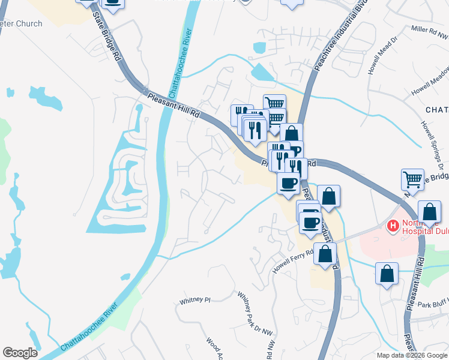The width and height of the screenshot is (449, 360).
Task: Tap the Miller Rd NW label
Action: tap(429, 33)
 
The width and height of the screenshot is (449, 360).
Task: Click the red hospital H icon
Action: tap(393, 226)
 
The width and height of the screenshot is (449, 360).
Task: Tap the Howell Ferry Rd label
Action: tap(294, 261)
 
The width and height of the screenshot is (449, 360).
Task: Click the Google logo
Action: tap(20, 353)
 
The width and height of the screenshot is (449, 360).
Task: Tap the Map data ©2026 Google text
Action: tap(412, 355)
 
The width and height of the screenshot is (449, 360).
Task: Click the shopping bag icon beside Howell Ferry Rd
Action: tap(325, 254)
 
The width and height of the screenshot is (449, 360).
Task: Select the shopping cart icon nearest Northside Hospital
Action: tap(412, 179)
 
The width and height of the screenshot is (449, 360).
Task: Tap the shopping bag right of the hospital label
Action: tap(429, 212)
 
